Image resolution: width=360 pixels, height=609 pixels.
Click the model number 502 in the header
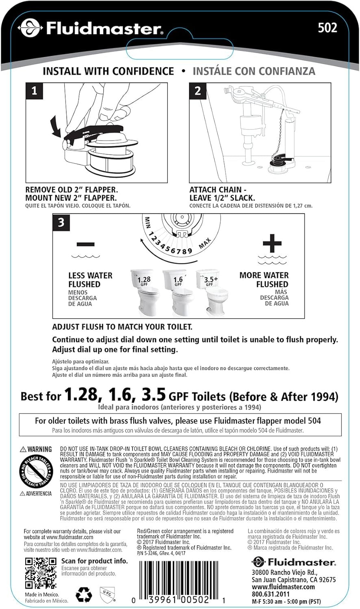[x=327, y=28]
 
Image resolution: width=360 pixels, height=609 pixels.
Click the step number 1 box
[x=34, y=91]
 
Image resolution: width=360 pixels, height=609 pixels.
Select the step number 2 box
[x=197, y=91]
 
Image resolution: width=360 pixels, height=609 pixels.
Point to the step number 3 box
[x=61, y=223]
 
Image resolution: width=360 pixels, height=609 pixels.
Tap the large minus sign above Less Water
[x=86, y=244]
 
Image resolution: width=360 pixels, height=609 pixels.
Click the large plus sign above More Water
[x=272, y=244]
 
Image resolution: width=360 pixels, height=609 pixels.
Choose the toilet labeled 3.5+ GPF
[x=210, y=292]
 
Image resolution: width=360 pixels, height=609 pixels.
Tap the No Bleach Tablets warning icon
[x=36, y=472]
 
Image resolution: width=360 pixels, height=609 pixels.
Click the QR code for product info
[x=41, y=573]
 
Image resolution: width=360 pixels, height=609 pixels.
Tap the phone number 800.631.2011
[x=271, y=594]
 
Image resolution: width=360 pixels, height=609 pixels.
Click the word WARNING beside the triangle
[x=39, y=449]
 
